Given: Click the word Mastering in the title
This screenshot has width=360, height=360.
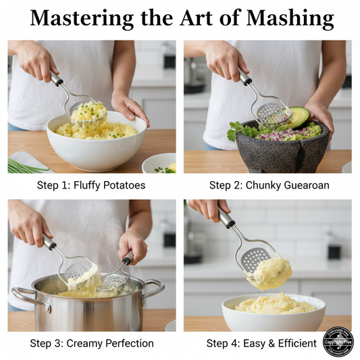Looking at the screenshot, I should click(x=85, y=18).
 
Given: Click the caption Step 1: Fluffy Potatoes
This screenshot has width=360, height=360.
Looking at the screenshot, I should click(x=92, y=185).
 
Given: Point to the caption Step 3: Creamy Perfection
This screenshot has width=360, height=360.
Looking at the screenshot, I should click(x=92, y=343).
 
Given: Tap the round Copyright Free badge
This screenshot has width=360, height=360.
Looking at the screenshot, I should click(x=338, y=342).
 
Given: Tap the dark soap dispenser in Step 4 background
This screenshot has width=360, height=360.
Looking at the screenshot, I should click(x=332, y=251).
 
